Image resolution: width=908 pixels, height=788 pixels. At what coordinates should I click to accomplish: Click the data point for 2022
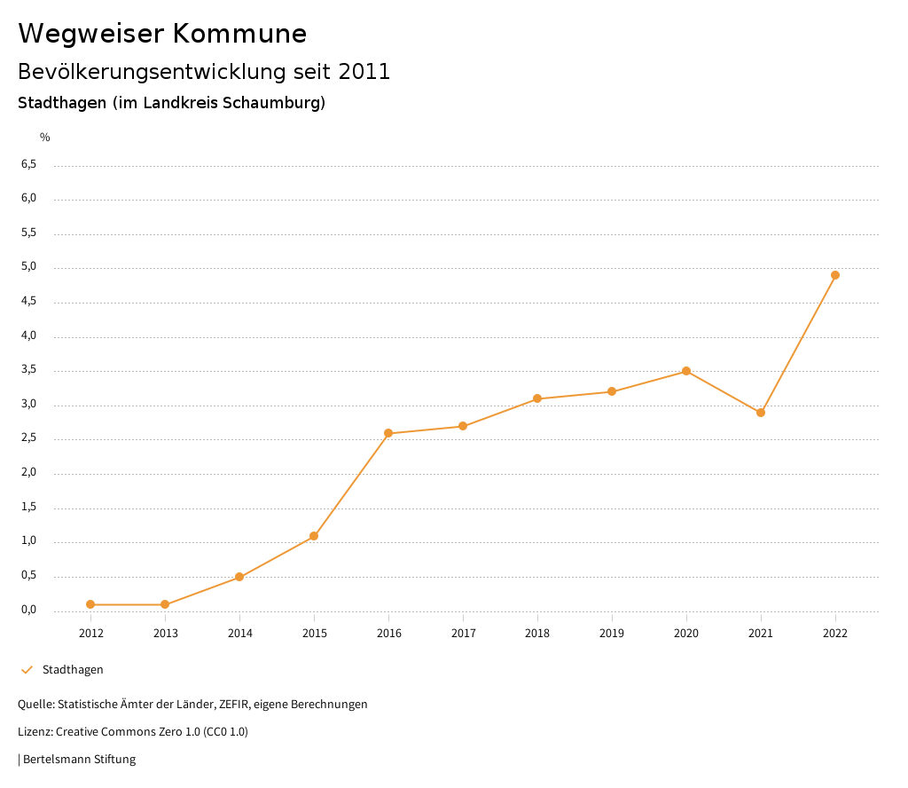pos(835,275)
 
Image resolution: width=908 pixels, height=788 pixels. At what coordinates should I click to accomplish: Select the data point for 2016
pos(388,433)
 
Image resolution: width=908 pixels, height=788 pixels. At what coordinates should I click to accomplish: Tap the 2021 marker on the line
pos(761,413)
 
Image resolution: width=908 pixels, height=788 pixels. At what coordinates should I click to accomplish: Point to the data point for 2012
pos(90,604)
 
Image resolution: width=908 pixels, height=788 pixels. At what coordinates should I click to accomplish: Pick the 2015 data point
pos(314,536)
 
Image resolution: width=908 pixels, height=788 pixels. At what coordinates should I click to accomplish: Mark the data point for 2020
pos(686,371)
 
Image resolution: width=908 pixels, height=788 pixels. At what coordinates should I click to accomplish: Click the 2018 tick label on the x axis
pos(537,633)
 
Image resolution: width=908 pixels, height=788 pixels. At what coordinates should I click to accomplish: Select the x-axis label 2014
pos(239,633)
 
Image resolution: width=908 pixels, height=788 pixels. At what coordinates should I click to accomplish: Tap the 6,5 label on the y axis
pos(28,164)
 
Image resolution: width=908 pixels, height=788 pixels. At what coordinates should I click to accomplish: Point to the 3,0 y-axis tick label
pos(28,405)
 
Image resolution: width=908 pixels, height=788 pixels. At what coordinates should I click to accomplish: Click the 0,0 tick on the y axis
pos(28,611)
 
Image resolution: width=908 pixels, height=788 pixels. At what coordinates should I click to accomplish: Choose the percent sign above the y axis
pos(45,138)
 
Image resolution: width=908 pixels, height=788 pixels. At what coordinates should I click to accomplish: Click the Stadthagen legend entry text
pos(73,670)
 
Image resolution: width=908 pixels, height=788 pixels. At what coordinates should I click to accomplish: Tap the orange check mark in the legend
pos(27,670)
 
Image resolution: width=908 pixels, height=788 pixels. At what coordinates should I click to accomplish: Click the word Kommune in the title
pos(239,34)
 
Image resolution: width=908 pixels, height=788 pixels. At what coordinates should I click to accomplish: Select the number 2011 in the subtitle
pos(364,72)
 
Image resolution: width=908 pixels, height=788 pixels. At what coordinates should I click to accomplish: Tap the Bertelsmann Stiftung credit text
pos(79,760)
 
